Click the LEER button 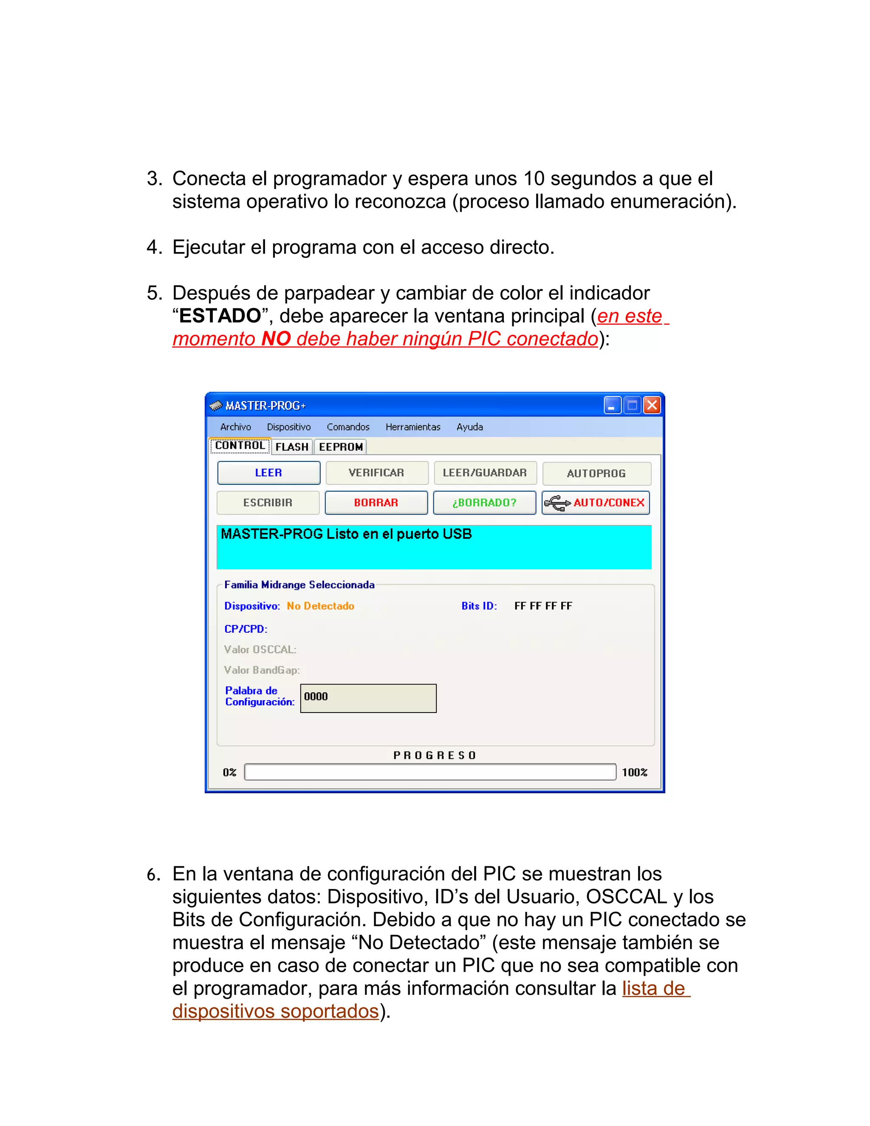pyautogui.click(x=268, y=473)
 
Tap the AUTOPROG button pyautogui.click(x=596, y=473)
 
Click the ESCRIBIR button pyautogui.click(x=268, y=503)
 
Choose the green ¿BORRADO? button pyautogui.click(x=484, y=503)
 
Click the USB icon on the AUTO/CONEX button pyautogui.click(x=557, y=503)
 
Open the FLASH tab pyautogui.click(x=292, y=447)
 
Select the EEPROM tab pyautogui.click(x=341, y=447)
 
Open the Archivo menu pyautogui.click(x=235, y=427)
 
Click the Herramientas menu pyautogui.click(x=413, y=427)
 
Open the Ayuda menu pyautogui.click(x=469, y=427)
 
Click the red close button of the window pyautogui.click(x=652, y=405)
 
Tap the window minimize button pyautogui.click(x=612, y=405)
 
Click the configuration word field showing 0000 pyautogui.click(x=368, y=698)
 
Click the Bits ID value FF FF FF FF pyautogui.click(x=543, y=606)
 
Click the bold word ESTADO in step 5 pyautogui.click(x=220, y=316)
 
